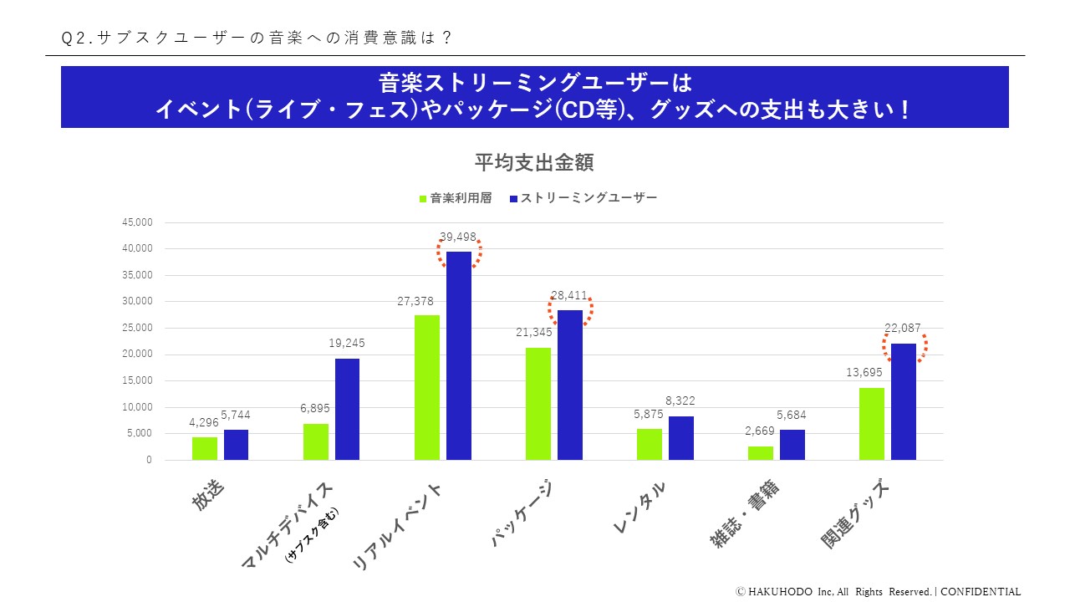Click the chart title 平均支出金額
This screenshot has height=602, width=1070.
[x=534, y=162]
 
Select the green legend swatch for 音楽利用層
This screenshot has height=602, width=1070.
[x=423, y=199]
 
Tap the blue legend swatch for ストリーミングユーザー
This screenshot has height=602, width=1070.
[x=514, y=199]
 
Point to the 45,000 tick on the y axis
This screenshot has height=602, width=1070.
[x=138, y=222]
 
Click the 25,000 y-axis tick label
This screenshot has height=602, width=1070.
[x=138, y=328]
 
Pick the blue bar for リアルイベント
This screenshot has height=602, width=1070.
[x=459, y=355]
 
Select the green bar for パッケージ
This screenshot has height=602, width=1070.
[x=538, y=403]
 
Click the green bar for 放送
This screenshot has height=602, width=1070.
[x=205, y=448]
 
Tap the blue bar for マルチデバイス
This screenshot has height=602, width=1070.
[x=348, y=409]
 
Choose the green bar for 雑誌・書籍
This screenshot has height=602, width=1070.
[x=761, y=452]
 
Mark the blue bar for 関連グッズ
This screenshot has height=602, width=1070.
[x=904, y=401]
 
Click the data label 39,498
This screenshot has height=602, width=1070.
[x=458, y=237]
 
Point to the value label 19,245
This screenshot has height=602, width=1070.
[x=346, y=344]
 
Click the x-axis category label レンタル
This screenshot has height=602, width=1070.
[x=640, y=508]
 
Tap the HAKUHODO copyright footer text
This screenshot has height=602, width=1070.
[x=878, y=591]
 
